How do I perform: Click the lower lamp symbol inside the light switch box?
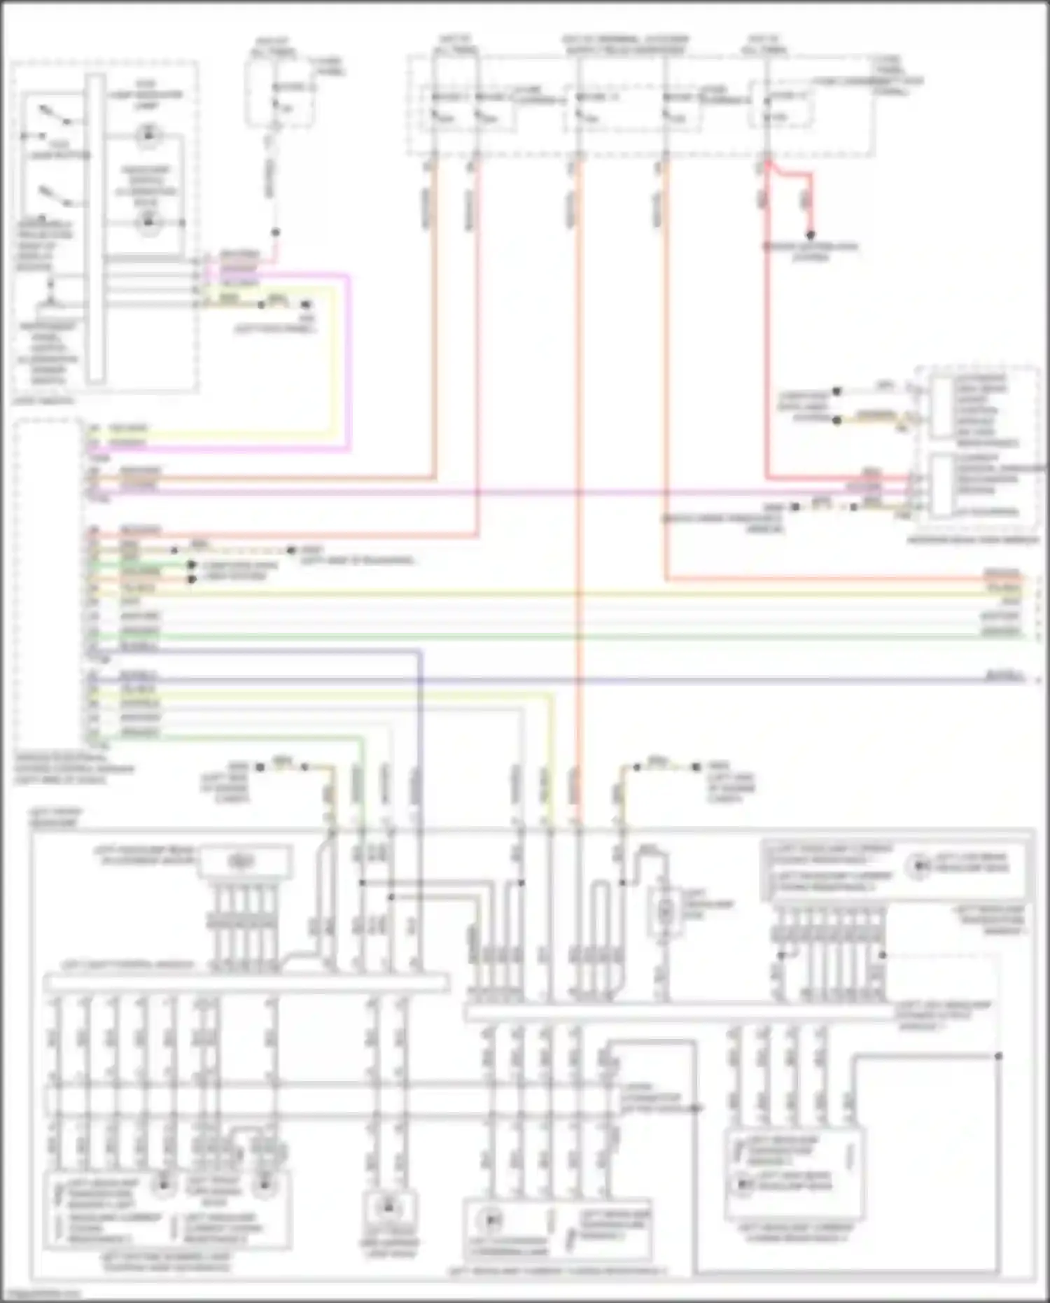click(148, 223)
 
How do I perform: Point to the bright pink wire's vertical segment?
click(348, 361)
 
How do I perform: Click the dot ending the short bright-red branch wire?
click(811, 235)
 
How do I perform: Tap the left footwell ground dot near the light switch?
click(306, 305)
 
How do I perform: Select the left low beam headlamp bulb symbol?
click(918, 867)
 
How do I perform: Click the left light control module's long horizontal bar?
click(245, 983)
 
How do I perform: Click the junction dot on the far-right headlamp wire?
click(998, 1055)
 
